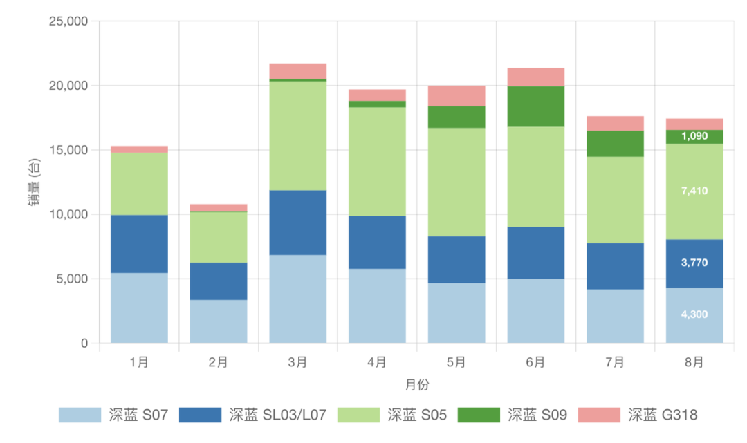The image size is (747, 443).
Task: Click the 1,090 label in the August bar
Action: (694, 136)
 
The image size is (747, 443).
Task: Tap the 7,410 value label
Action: (694, 191)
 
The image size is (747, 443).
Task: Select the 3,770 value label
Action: (694, 263)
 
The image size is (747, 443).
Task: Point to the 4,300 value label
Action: (694, 314)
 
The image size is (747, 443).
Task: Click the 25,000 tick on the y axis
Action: (68, 21)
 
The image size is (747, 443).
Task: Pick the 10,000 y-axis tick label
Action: (68, 215)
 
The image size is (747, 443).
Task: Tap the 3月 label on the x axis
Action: (297, 361)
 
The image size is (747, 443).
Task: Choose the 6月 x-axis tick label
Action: (535, 361)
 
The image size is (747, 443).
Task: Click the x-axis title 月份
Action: (416, 384)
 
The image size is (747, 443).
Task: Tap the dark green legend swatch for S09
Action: (478, 415)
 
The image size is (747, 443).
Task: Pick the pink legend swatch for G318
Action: (599, 415)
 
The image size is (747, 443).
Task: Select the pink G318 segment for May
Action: (456, 95)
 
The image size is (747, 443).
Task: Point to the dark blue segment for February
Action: (218, 281)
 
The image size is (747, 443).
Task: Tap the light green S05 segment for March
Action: (297, 135)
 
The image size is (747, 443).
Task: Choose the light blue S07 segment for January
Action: (139, 308)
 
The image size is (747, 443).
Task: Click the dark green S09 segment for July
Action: (615, 144)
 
